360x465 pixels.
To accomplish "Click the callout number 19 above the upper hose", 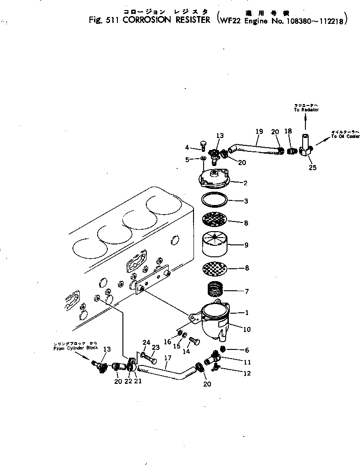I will point(259,132).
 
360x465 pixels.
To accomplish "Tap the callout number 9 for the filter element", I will point(246,245).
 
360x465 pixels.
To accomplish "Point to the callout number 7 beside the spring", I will point(247,292).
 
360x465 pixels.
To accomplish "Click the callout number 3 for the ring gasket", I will point(246,201).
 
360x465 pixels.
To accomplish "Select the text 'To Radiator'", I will point(306,110).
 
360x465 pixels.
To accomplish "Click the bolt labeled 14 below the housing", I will point(194,342).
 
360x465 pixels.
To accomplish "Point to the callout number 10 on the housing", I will point(246,329).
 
